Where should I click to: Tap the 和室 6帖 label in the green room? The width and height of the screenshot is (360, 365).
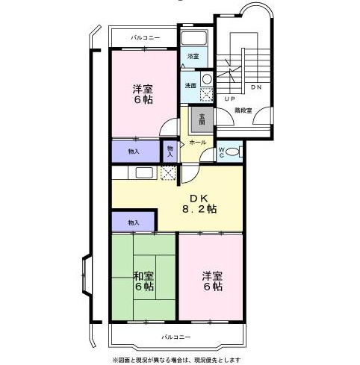145,280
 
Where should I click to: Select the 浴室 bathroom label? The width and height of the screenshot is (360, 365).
193,56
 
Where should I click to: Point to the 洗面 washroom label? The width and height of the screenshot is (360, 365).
190,85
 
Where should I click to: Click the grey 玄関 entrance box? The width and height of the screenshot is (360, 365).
200,118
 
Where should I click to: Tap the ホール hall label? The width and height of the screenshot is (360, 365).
197,142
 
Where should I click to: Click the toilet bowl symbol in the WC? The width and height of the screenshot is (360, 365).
233,152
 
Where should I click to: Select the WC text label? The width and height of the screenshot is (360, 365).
222,151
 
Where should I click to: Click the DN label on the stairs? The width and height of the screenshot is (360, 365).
255,87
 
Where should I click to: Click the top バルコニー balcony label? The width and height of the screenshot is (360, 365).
144,37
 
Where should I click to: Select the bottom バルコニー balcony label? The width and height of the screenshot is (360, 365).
176,337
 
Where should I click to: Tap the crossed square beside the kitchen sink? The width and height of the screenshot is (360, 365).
168,173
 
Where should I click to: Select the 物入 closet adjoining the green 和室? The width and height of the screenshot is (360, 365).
134,222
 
